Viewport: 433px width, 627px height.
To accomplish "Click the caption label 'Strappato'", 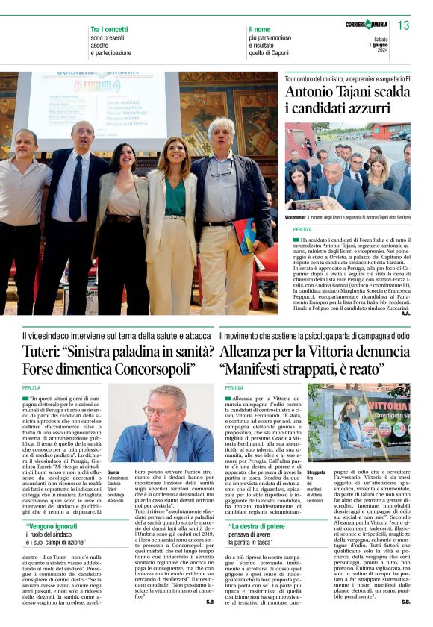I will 315,472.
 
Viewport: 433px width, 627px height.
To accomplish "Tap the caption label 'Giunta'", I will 113,472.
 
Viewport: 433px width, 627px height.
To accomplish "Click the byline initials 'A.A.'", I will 405,313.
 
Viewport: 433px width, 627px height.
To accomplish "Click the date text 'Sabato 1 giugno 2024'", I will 380,45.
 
